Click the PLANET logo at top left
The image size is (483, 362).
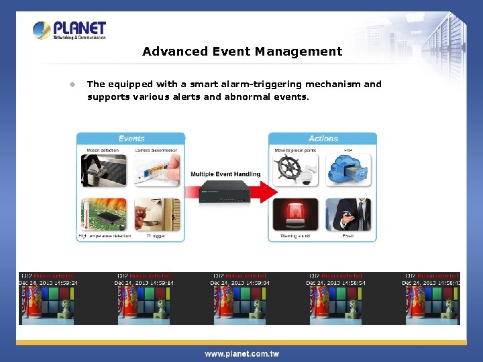point(70,29)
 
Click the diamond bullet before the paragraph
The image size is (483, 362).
point(72,84)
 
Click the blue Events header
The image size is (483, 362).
point(131,139)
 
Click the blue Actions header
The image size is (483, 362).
point(323,139)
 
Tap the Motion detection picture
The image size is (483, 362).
point(104,171)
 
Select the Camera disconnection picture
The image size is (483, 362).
point(157,171)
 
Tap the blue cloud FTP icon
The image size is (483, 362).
point(348,170)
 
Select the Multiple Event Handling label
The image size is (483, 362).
point(225,174)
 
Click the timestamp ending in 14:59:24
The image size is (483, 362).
point(48,283)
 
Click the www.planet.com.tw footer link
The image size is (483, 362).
point(241,353)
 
